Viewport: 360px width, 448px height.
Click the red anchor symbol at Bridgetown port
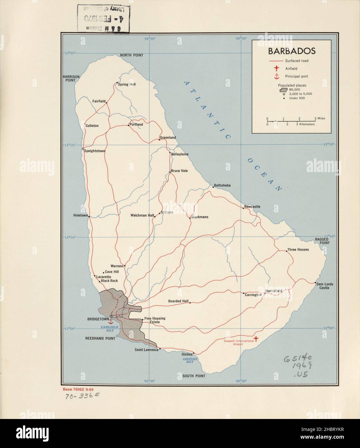point(109,321)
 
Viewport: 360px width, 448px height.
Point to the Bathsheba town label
point(222,186)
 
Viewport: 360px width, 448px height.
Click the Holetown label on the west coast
point(80,215)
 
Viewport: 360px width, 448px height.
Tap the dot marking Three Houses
point(287,251)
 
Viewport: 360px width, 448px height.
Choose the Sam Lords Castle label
point(324,286)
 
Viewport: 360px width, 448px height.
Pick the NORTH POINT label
point(131,55)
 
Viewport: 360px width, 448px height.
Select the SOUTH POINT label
point(194,376)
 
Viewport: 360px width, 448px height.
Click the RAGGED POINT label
point(322,241)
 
